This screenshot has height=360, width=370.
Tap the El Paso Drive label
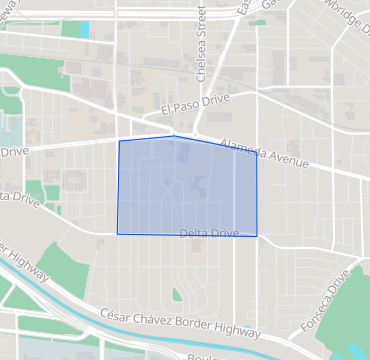194,104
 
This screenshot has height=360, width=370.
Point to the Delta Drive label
209,233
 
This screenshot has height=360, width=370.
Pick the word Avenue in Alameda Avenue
289,156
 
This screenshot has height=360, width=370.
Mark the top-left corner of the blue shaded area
119,141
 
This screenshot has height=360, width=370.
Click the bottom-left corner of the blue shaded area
117,234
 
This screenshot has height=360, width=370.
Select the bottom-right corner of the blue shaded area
257,236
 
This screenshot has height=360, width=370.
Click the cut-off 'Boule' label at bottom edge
201,356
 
